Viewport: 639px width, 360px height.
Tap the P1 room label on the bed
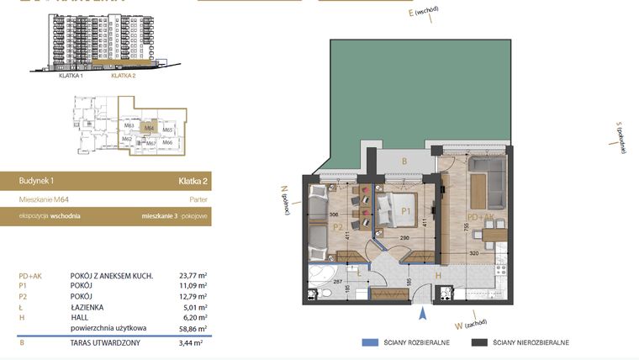405,210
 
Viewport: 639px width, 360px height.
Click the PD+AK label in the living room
482,217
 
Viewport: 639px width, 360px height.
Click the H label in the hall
437,274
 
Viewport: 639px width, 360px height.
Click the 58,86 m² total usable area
192,329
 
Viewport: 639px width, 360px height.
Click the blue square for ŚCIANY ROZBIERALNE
367,343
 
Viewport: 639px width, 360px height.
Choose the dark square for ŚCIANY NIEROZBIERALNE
480,343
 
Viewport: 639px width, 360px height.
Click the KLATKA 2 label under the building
124,76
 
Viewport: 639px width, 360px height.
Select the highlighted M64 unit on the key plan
149,129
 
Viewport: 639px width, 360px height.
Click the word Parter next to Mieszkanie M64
198,200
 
